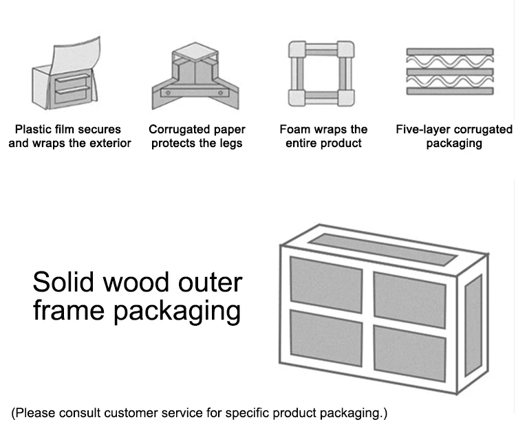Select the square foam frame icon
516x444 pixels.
[x=321, y=73]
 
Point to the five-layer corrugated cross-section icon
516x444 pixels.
[x=450, y=71]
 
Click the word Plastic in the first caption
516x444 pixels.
[x=33, y=129]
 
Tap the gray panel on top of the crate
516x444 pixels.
[x=381, y=249]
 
